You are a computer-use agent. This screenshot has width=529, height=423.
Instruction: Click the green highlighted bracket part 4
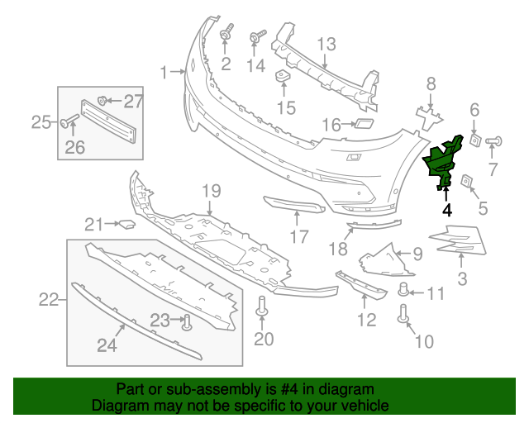pyautogui.click(x=444, y=160)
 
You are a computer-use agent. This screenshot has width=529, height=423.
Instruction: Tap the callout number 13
pyautogui.click(x=326, y=44)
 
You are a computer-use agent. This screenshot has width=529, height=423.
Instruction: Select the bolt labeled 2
pyautogui.click(x=225, y=34)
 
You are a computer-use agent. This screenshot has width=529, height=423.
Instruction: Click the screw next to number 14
pyautogui.click(x=255, y=37)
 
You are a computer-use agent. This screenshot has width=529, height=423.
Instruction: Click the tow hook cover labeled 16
pyautogui.click(x=361, y=125)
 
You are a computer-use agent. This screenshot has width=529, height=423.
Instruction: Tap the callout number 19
pyautogui.click(x=212, y=191)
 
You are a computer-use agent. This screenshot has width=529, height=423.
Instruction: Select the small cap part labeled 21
pyautogui.click(x=126, y=223)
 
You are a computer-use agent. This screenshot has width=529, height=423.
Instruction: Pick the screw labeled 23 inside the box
pyautogui.click(x=187, y=321)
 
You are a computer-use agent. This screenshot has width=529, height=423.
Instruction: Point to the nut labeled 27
pyautogui.click(x=102, y=101)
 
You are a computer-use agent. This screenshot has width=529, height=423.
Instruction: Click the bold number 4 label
pyautogui.click(x=447, y=210)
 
